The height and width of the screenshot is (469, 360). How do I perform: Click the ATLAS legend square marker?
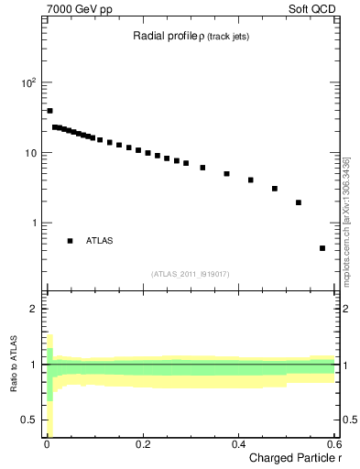click(x=70, y=241)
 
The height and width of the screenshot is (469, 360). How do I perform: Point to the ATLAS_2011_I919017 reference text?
click(x=190, y=274)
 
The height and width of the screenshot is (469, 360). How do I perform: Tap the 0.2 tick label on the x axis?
click(x=143, y=444)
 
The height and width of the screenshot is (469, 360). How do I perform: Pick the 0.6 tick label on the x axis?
click(x=334, y=444)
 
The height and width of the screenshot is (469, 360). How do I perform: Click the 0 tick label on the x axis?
click(x=47, y=444)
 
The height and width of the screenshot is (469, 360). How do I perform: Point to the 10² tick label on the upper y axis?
click(x=28, y=82)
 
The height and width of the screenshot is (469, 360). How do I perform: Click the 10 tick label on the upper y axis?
click(x=30, y=153)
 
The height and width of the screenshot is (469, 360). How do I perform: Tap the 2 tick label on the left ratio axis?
click(x=34, y=309)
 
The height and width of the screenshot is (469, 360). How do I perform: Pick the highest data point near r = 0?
click(x=49, y=111)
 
